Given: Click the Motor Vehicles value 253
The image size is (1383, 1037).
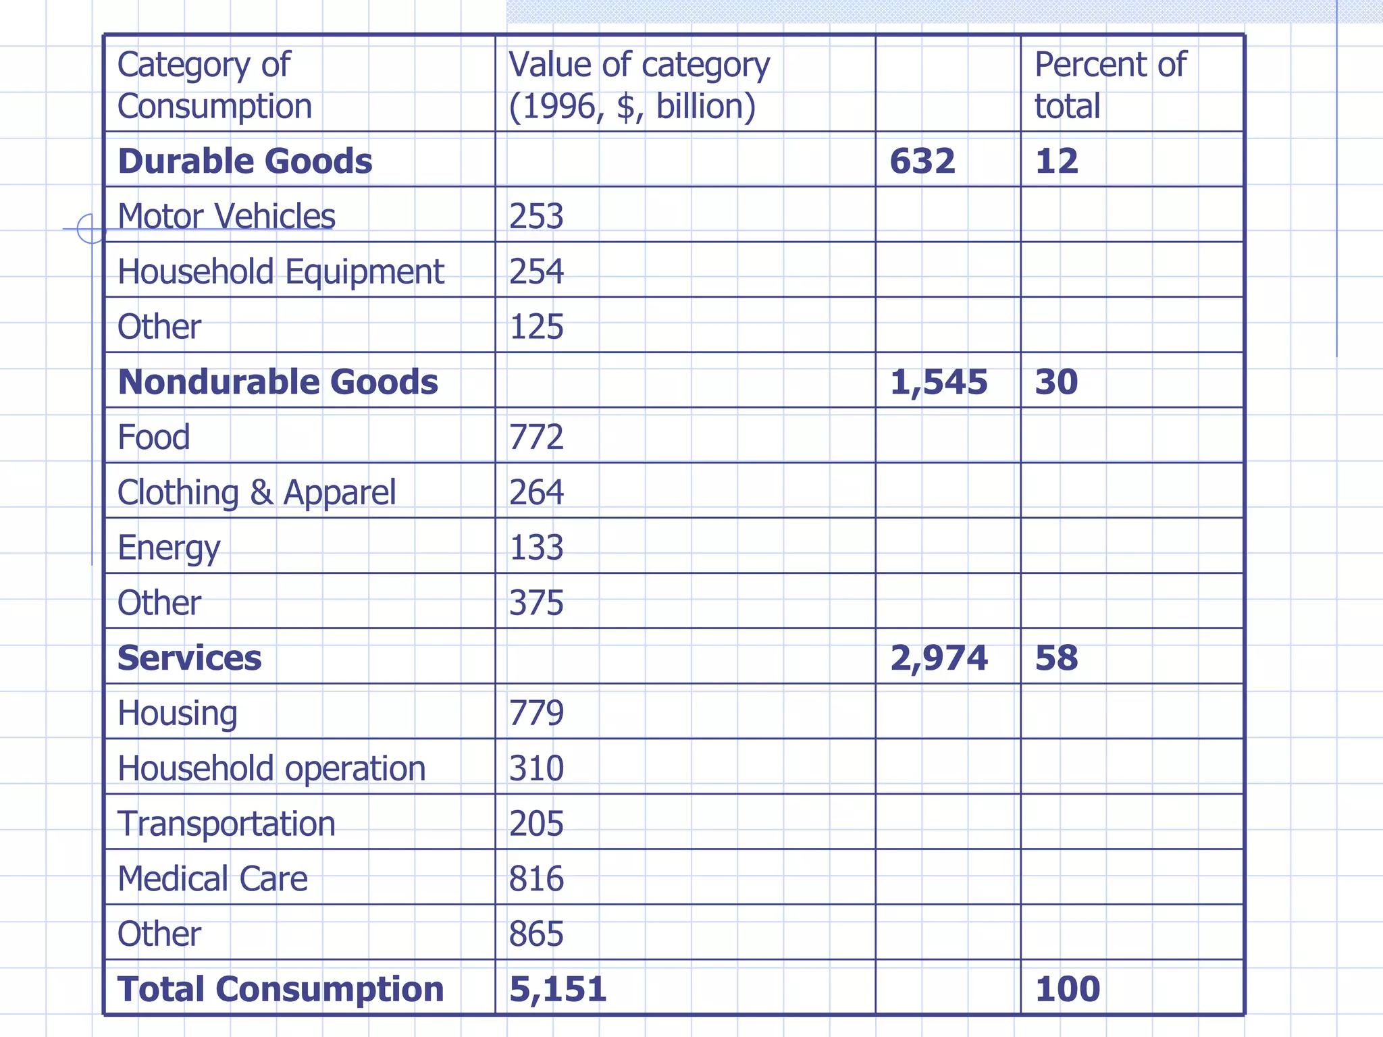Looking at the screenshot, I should (536, 217).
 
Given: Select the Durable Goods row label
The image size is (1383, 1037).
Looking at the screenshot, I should (244, 161).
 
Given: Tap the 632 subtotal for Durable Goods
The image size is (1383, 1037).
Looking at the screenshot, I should (922, 161).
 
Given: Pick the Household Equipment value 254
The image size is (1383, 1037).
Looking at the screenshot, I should (536, 272).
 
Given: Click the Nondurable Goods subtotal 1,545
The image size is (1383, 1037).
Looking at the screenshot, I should (938, 382).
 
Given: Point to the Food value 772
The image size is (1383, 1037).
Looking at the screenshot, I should (536, 437).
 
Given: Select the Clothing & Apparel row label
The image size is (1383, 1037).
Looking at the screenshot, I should (257, 493).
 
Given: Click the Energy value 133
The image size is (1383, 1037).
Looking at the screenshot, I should (536, 548).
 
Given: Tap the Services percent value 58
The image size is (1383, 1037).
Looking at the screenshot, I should (1056, 658).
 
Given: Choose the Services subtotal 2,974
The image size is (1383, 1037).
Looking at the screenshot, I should (938, 658).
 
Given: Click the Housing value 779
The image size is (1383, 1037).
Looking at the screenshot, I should (536, 714).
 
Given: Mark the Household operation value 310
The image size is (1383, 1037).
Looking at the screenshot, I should (536, 769).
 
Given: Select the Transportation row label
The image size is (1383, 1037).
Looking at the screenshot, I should (226, 824).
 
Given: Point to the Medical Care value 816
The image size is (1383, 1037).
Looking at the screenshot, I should (536, 880).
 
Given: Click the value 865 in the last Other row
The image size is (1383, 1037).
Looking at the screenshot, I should (536, 935).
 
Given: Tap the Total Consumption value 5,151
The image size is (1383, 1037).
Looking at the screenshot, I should (558, 990).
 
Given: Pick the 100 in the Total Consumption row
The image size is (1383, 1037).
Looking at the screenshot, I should (1067, 990).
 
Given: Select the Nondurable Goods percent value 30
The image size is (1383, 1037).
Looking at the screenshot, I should (1056, 382).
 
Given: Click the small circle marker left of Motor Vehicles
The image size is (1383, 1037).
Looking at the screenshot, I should (91, 229).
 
